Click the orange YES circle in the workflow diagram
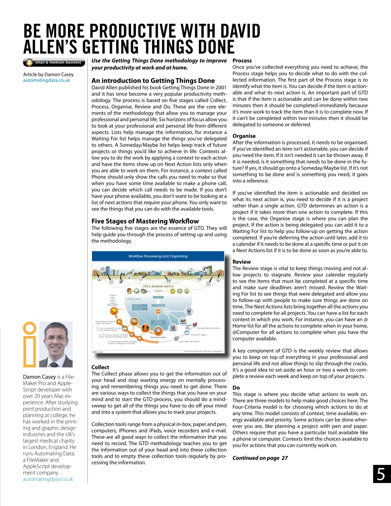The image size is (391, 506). tap(158, 312)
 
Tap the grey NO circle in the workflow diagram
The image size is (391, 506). tap(166, 312)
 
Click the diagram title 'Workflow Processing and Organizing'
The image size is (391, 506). tap(158, 256)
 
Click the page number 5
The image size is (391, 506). tap(381, 474)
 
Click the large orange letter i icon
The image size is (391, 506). tap(30, 344)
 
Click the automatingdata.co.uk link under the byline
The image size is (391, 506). tap(47, 80)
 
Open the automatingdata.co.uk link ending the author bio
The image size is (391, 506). tap(48, 479)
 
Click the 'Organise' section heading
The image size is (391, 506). tap(244, 136)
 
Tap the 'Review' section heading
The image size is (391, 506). tap(242, 262)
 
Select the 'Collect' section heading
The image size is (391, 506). tap(100, 367)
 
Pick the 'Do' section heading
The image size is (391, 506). tap(236, 388)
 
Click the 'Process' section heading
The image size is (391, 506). tap(242, 60)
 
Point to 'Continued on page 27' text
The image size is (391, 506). tap(260, 458)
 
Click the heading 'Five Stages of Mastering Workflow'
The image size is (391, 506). tap(145, 221)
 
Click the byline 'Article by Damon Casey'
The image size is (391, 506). tap(48, 74)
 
